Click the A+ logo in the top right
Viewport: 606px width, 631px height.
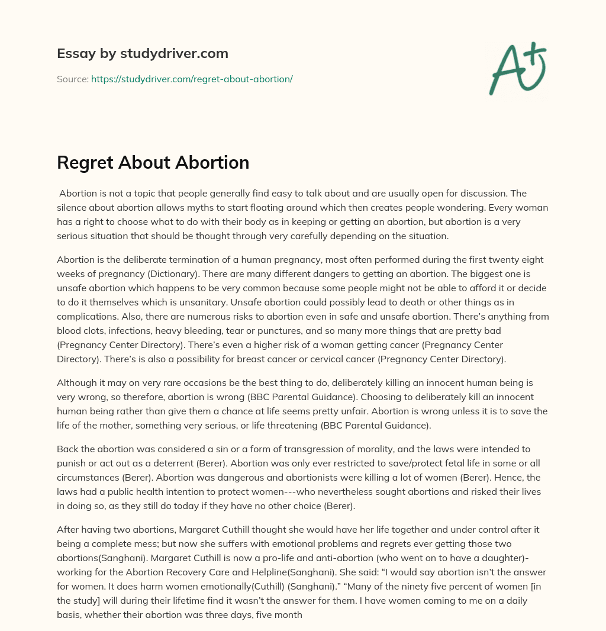click(x=517, y=68)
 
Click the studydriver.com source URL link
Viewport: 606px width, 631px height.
click(x=192, y=79)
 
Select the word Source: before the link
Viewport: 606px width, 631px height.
click(x=72, y=79)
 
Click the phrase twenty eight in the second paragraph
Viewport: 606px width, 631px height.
click(x=517, y=260)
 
